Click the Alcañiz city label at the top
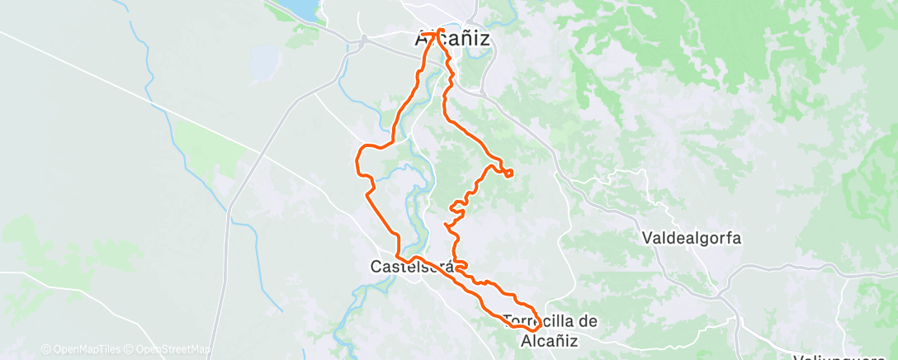451,38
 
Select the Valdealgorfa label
692,239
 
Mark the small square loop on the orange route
508,173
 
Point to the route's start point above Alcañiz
438,31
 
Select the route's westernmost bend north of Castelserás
357,159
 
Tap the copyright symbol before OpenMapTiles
46,349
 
